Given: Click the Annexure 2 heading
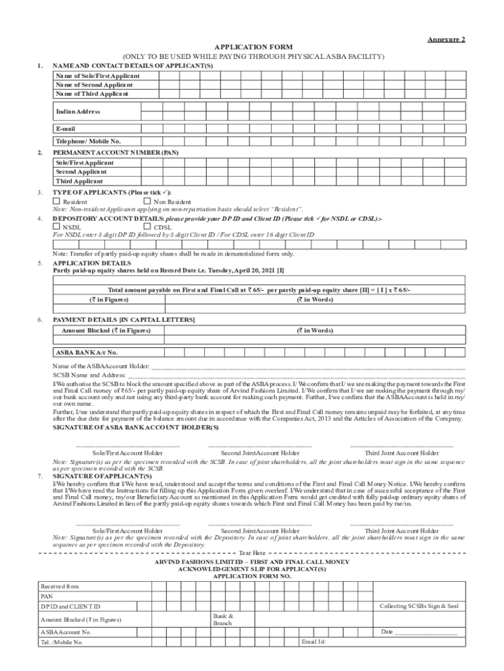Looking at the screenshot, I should pos(446,39).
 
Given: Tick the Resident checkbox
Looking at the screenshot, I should pos(57,202).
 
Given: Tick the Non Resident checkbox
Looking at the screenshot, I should pos(147,202).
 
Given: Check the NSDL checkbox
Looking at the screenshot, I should pos(57,227).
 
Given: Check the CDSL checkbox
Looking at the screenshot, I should pos(147,227).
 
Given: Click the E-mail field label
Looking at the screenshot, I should pos(66,128).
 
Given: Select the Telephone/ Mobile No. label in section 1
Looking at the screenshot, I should pos(88,141).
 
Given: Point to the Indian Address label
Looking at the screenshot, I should pos(78,112).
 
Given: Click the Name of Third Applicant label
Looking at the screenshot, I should pos(92,94).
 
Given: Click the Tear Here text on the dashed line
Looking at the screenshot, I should pos(252,553).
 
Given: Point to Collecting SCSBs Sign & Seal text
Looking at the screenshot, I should pos(419,605).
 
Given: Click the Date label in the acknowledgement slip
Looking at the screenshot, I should pos(386,632).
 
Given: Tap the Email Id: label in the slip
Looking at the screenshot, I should pos(314,642).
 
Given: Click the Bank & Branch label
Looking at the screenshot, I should pos(223,619).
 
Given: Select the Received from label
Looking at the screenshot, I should pos(60,586).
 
